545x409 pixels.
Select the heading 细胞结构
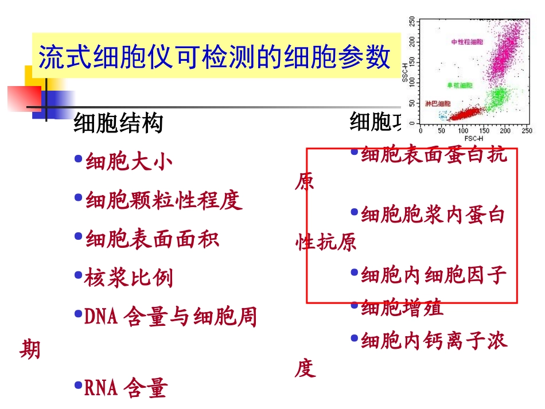118,123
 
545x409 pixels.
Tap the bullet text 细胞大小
129,162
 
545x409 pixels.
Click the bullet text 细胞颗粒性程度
163,200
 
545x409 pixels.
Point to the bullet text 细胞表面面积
152,239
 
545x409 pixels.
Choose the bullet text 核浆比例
129,278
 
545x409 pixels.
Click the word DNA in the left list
101,317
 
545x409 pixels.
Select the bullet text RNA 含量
125,389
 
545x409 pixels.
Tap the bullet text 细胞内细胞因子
434,275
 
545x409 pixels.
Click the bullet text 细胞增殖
402,308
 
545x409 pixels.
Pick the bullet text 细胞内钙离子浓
434,342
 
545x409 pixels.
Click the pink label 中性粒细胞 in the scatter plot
467,42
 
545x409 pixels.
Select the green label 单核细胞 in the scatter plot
460,85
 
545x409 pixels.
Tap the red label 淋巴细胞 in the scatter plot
438,104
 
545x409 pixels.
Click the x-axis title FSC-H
474,139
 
